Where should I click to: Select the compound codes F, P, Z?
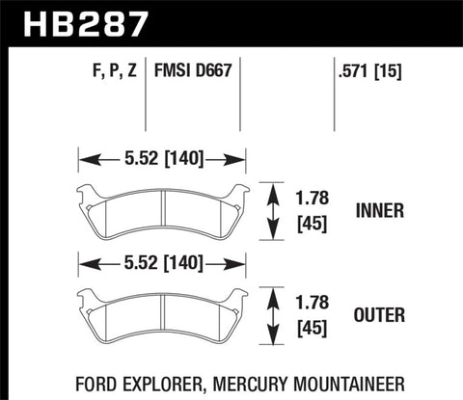tap(98, 70)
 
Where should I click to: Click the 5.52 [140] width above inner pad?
tap(161, 159)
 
